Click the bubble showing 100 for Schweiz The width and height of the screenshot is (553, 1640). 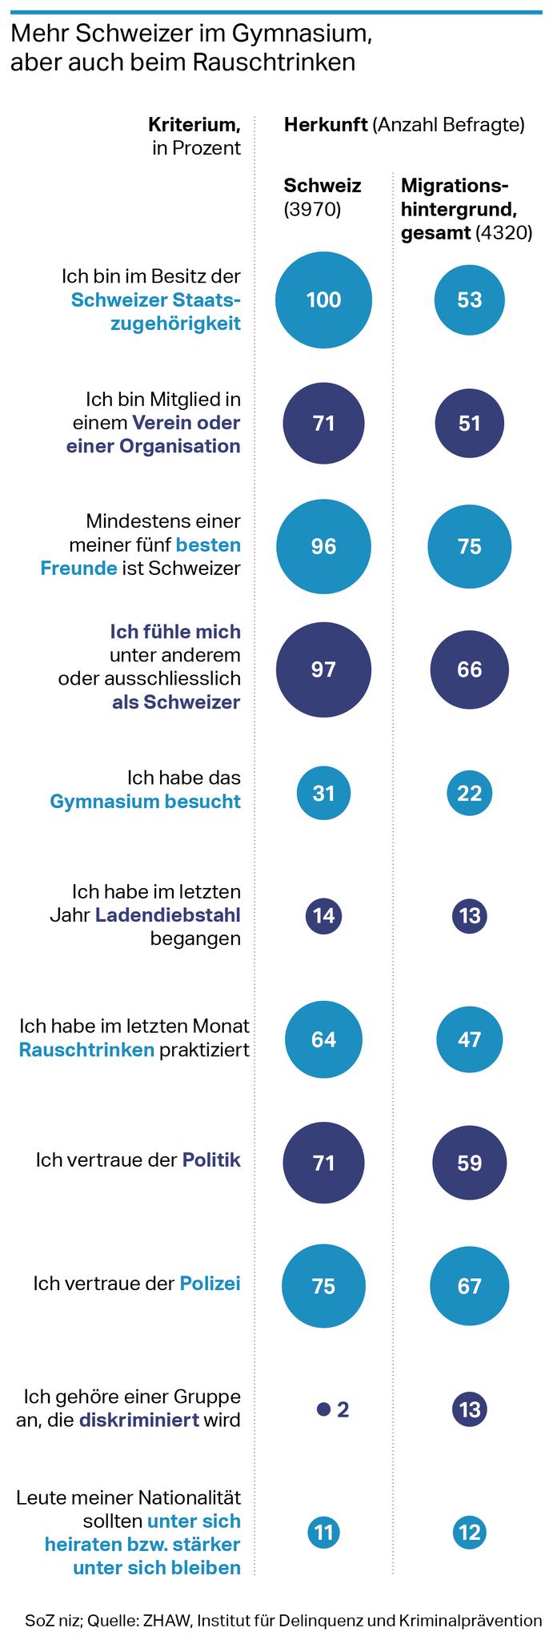[323, 299]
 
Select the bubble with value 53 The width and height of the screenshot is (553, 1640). [469, 299]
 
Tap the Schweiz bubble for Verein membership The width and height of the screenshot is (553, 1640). [323, 423]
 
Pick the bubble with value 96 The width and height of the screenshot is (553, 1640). [323, 546]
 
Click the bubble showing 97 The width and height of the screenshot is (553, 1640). [323, 669]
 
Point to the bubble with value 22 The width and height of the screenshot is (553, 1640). [469, 793]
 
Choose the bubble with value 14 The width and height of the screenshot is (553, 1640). [323, 916]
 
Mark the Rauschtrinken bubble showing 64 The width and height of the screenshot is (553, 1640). [323, 1039]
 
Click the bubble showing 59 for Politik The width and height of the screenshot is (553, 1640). [469, 1163]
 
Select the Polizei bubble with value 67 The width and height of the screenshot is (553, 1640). [469, 1286]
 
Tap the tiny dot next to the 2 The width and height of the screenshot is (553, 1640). [323, 1409]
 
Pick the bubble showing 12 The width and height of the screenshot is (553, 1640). [469, 1533]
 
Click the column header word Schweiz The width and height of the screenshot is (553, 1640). [323, 186]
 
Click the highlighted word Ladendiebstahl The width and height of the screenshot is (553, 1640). [168, 914]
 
